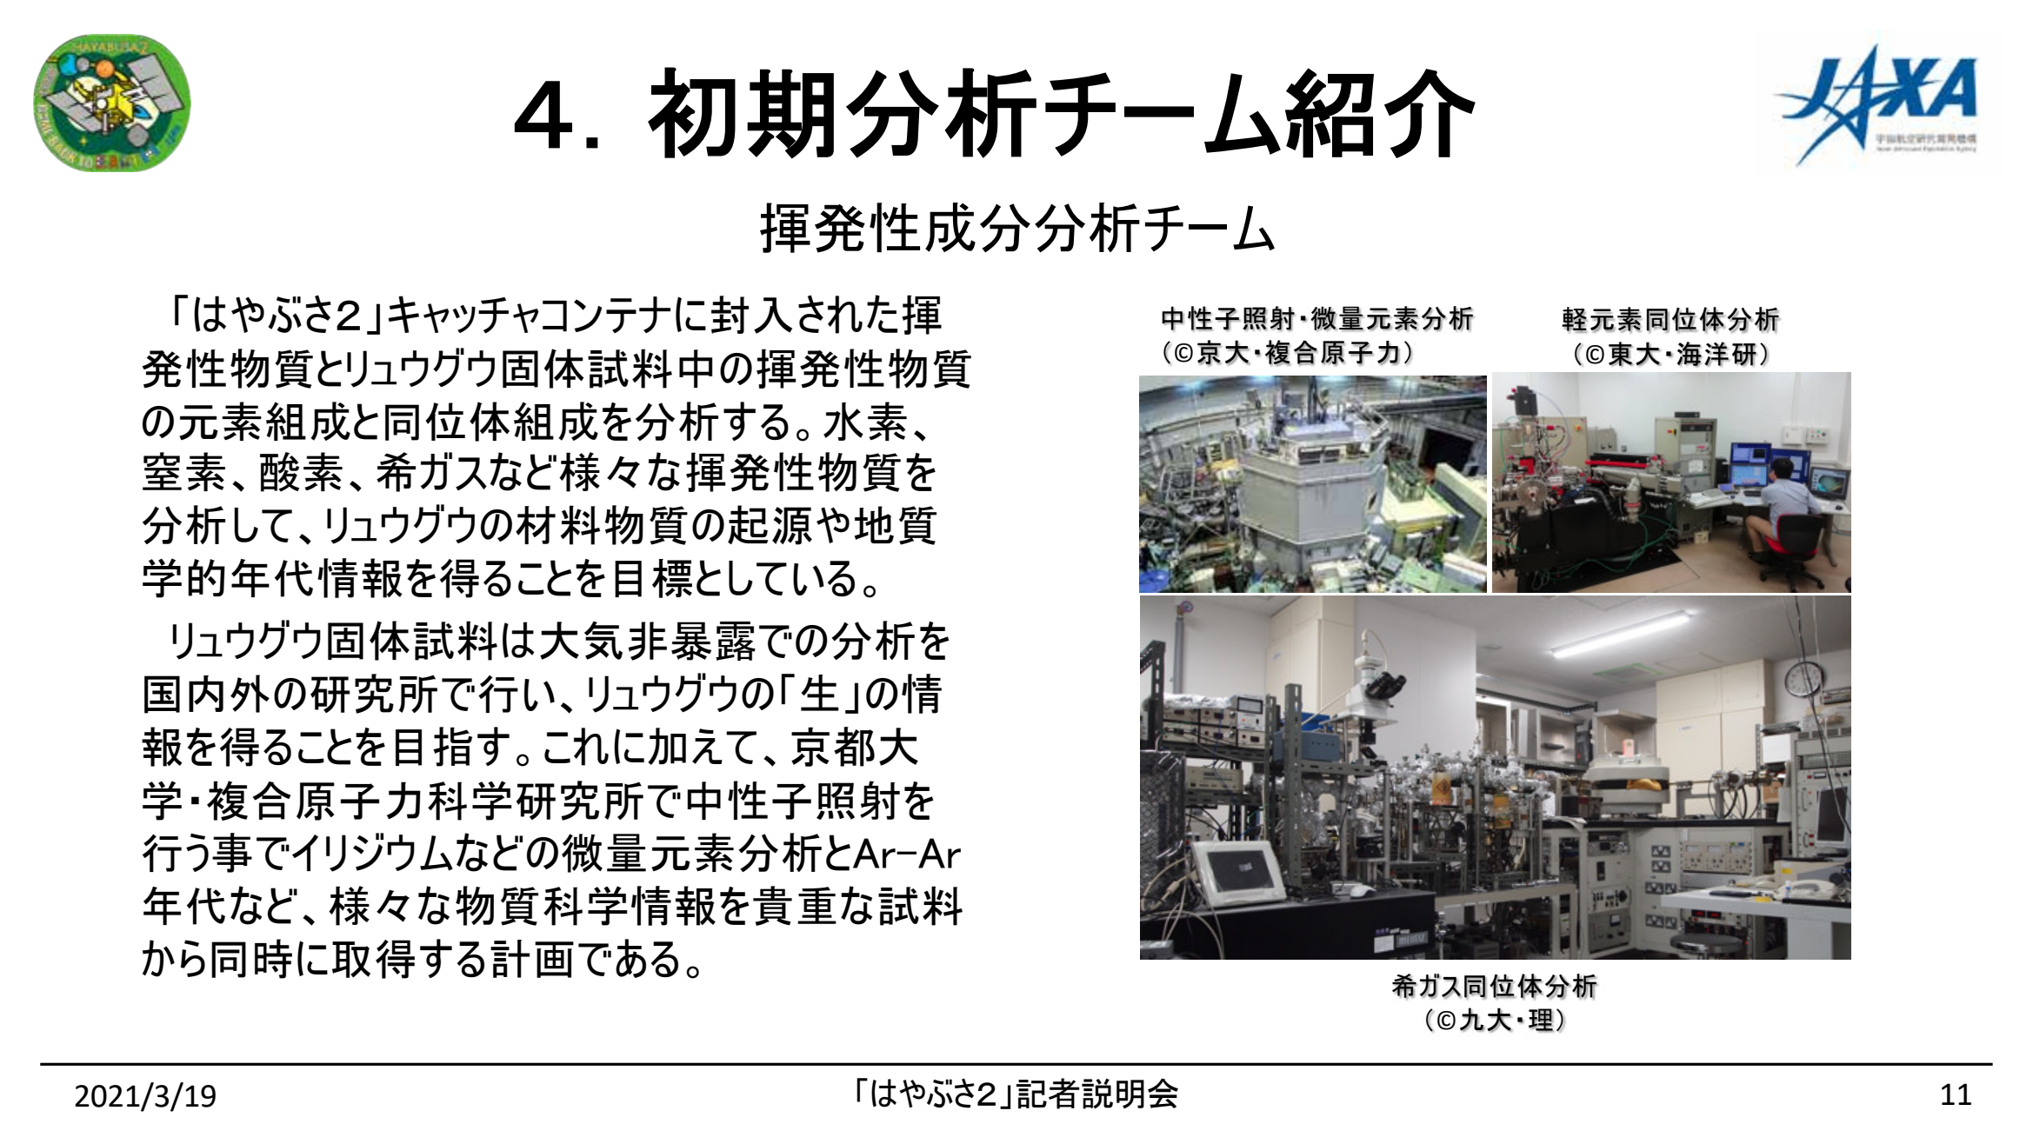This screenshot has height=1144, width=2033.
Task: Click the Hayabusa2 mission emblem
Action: point(111,103)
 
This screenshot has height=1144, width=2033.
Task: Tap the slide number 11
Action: point(1956,1094)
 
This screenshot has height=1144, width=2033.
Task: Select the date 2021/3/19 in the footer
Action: point(145,1096)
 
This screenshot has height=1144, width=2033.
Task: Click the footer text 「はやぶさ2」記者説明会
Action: point(1016,1094)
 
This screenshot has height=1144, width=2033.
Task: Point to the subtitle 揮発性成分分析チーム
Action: point(1016,229)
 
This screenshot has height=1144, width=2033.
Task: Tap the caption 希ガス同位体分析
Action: point(1494,986)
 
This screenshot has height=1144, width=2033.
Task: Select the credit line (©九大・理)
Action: point(1494,1020)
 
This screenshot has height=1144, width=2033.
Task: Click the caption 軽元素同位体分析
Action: point(1670,319)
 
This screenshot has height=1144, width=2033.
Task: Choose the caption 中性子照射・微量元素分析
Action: point(1316,319)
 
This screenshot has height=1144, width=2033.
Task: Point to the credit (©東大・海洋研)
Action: point(1670,354)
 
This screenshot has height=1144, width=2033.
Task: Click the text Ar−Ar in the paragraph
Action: point(907,855)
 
